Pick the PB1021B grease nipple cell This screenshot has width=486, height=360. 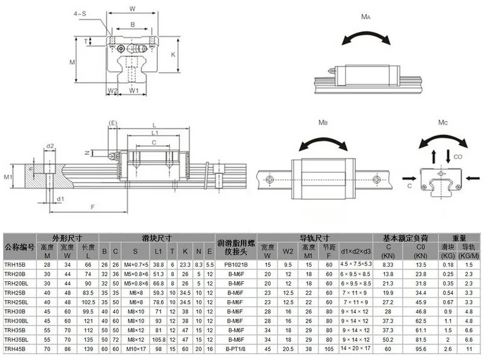(x=236, y=264)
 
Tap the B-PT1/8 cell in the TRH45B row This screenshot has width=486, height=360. (x=236, y=349)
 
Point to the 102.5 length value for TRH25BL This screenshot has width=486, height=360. (x=88, y=302)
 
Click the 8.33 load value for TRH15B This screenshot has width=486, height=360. (x=389, y=264)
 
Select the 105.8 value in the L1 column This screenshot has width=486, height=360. (x=159, y=339)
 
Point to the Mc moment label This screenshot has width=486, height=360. (x=443, y=123)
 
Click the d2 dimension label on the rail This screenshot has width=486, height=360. (x=51, y=146)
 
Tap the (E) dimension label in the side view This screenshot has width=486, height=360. (x=113, y=122)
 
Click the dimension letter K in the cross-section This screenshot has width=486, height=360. (x=173, y=54)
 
